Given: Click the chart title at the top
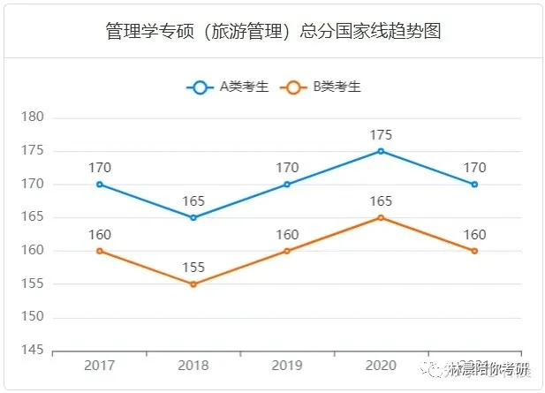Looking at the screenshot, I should click(272, 32).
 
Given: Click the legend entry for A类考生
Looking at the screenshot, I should click(227, 87).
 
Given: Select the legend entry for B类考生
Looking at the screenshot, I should click(320, 87).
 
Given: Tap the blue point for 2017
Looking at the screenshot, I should click(100, 185).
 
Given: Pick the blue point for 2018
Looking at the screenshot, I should click(193, 217).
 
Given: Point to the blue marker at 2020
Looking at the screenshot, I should click(381, 151).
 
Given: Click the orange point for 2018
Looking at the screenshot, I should click(193, 284).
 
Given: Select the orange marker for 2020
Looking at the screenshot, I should click(381, 217).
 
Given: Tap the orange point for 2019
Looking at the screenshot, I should click(287, 251).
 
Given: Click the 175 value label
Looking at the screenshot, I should click(381, 135).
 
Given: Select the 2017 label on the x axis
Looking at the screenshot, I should click(100, 367).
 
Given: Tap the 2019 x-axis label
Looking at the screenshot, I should click(287, 367).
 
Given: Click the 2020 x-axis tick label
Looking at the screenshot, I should click(381, 367).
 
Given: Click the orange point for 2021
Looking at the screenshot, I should click(474, 251).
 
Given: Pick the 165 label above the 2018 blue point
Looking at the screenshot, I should click(193, 201).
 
